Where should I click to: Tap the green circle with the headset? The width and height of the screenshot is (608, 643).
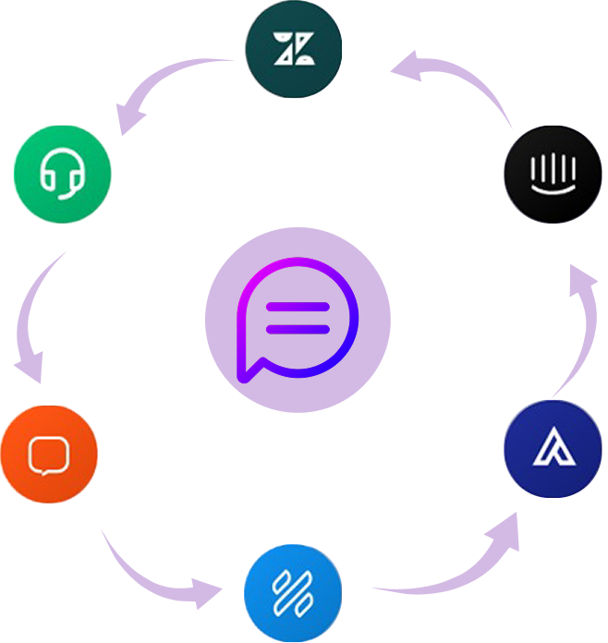(x=62, y=173)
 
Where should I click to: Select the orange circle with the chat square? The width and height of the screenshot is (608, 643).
(x=49, y=455)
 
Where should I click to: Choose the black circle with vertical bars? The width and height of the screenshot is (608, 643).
(x=553, y=173)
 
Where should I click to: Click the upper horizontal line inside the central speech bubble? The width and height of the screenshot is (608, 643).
(x=298, y=307)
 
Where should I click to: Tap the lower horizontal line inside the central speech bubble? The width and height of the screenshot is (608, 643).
(x=298, y=329)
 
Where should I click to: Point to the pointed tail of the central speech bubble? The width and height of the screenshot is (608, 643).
(x=244, y=374)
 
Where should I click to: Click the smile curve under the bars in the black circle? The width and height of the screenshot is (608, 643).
(x=553, y=188)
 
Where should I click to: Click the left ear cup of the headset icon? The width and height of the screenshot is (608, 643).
(x=45, y=177)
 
